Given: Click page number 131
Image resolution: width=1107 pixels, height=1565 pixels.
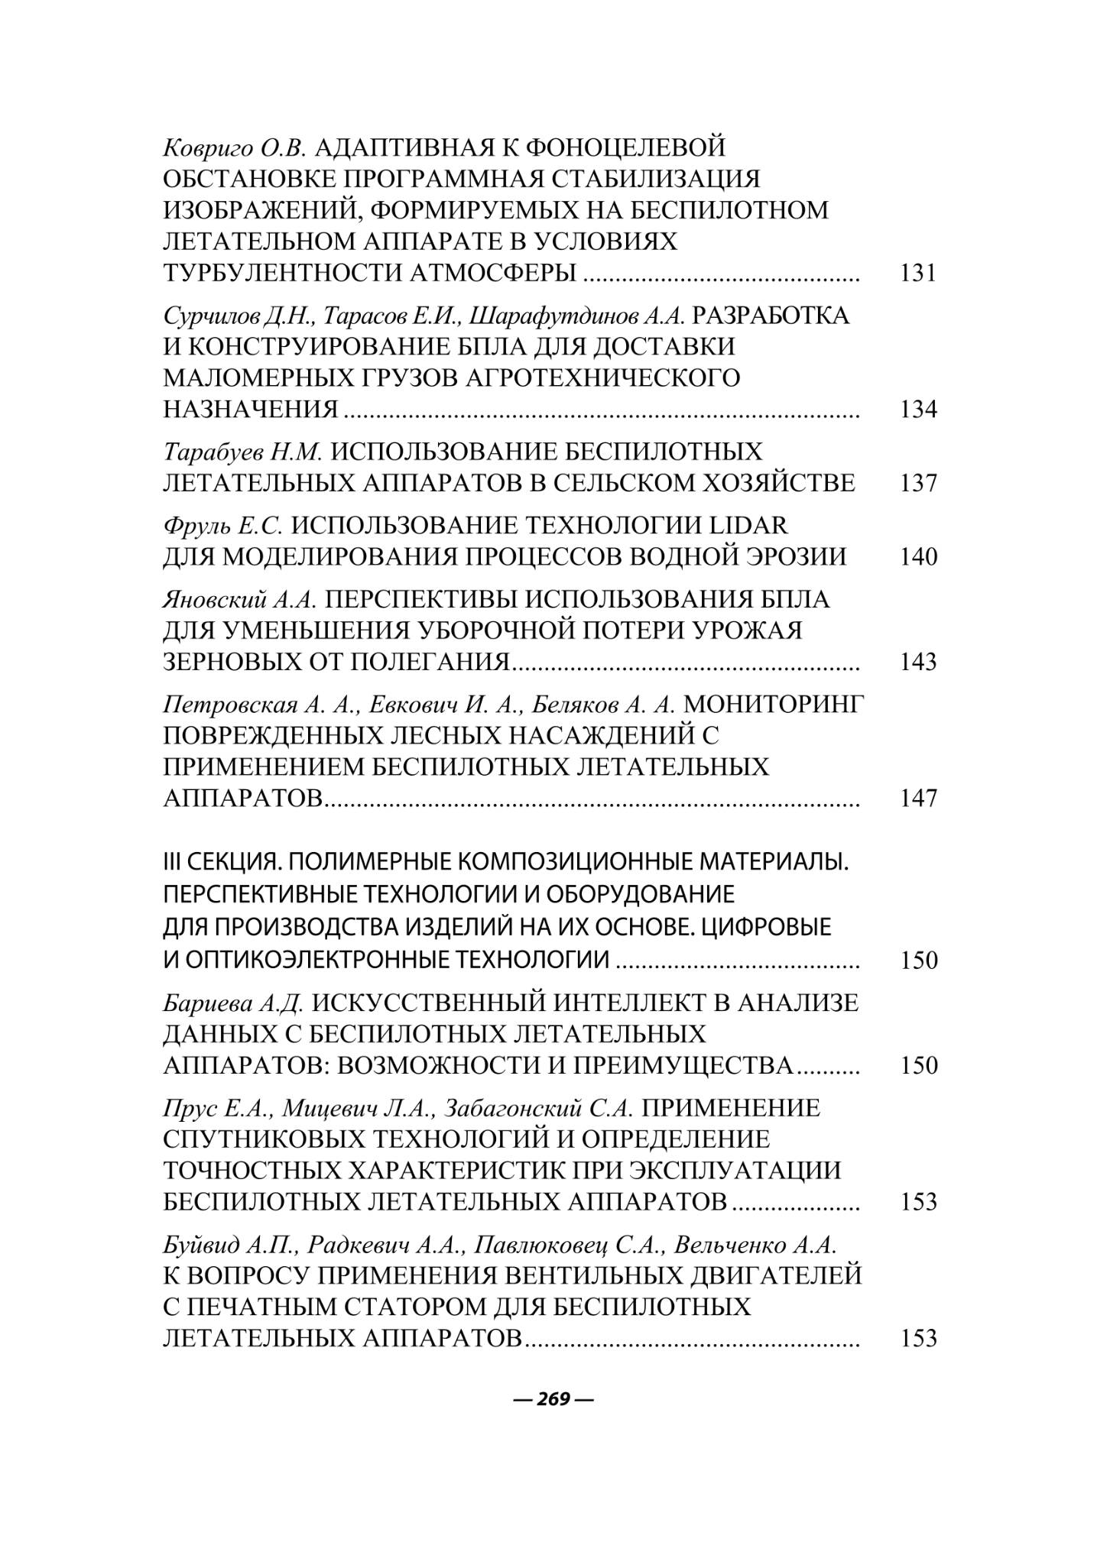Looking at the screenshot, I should (x=918, y=273).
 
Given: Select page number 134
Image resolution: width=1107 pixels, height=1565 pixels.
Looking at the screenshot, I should (x=918, y=410).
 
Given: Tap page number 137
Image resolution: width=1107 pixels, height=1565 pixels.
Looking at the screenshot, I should (x=918, y=483).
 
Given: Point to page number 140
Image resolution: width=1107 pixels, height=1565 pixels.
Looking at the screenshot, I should (x=918, y=556).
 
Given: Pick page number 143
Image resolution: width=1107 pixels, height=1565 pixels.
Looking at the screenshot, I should (x=918, y=661).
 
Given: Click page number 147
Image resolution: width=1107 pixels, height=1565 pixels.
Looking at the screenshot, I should (x=918, y=798).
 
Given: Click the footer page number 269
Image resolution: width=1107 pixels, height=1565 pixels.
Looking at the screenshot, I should (x=553, y=1399).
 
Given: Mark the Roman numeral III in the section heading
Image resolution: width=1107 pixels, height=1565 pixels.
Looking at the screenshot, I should (x=173, y=863).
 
